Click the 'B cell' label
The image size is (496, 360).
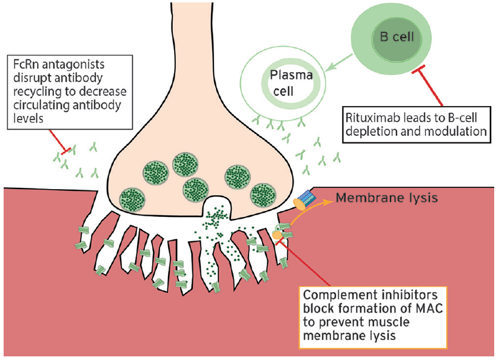tap(397, 37)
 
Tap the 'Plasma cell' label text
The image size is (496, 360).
tap(291, 83)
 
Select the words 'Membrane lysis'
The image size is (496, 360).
tap(386, 198)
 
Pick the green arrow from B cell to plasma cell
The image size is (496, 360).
tap(338, 62)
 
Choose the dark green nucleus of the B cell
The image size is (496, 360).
tap(397, 38)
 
